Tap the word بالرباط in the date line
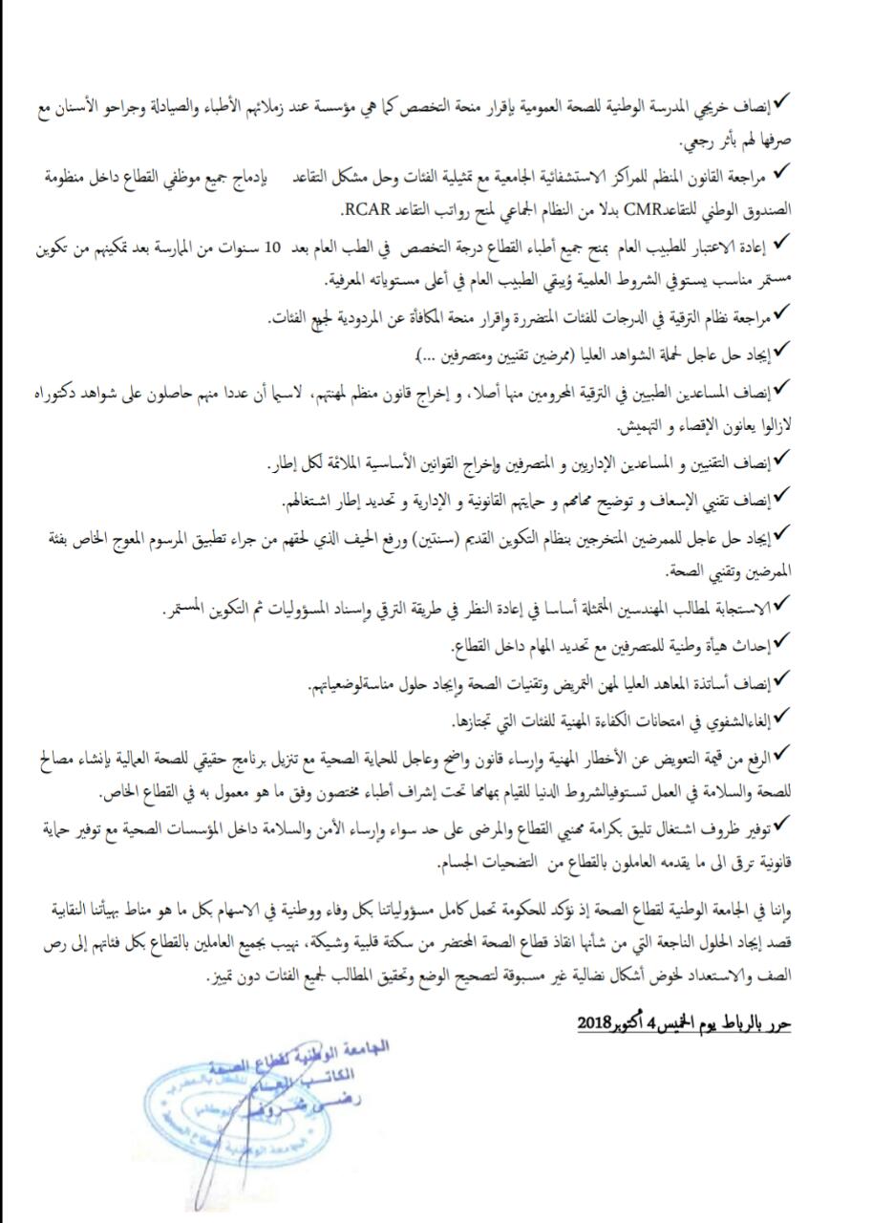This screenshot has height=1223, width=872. click(742, 1022)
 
